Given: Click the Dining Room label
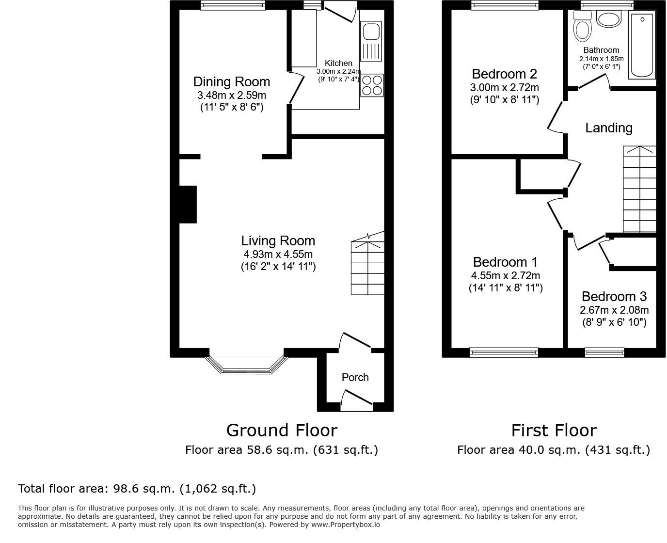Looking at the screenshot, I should coord(231,81).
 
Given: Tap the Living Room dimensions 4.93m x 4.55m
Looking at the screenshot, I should coord(278,254).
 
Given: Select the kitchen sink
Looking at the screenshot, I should coord(372,41).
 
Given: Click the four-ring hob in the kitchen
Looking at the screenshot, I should coord(372,85).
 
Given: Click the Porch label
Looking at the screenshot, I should coord(355,377).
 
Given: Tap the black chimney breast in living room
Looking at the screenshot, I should coord(188,204).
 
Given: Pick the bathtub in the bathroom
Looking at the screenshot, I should coord(642,45).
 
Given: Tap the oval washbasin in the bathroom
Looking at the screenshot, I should coord(608,20).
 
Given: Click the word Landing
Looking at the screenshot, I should coord(608,128).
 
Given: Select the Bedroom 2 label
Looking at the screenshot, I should coord(504,74).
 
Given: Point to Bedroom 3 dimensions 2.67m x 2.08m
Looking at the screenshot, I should coord(614,310).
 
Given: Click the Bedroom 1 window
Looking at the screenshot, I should coord(504,352).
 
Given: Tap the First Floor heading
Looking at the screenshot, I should coord(554,430).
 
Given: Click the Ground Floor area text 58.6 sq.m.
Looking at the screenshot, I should coord(281,450).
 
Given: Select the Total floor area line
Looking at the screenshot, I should coord(137,488).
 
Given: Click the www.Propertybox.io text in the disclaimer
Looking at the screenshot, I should coord(345,525).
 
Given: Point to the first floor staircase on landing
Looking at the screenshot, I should coord(639,189).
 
